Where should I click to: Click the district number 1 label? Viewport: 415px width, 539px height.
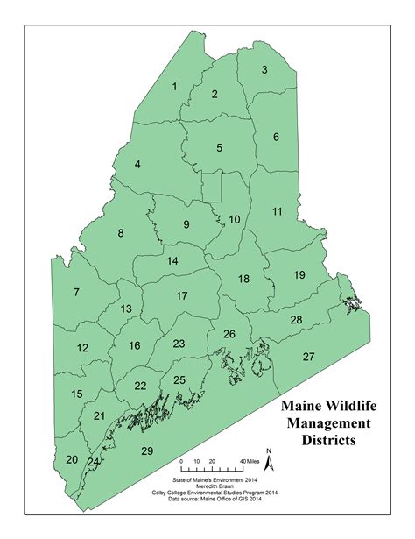(175, 86)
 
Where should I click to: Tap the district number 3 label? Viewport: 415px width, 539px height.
(264, 69)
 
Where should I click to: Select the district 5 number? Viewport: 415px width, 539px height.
(219, 147)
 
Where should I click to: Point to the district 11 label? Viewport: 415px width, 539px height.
(277, 212)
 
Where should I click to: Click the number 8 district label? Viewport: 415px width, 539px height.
(121, 233)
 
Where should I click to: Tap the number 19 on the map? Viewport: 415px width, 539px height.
(299, 275)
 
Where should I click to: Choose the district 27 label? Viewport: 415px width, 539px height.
(308, 357)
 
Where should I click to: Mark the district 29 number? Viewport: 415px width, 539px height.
(147, 450)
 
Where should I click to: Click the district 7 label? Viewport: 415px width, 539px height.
(76, 292)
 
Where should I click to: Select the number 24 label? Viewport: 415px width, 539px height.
(93, 462)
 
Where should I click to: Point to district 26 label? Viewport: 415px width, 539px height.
(229, 334)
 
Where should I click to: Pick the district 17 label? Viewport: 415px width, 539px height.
(181, 296)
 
